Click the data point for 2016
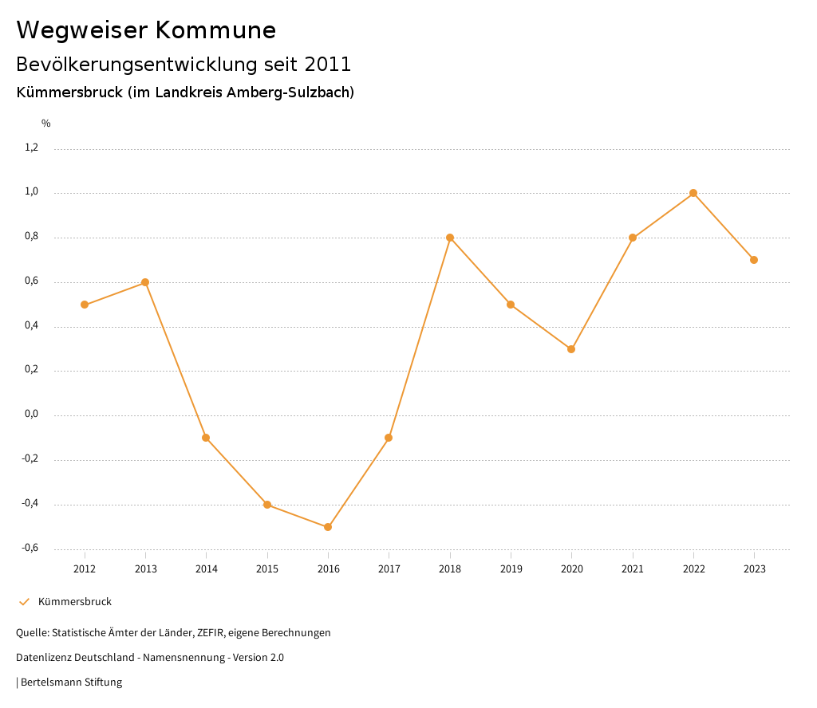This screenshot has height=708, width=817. coord(328,527)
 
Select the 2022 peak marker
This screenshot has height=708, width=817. coord(693,193)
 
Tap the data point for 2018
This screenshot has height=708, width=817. coord(450,238)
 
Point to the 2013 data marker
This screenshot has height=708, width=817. coord(145,282)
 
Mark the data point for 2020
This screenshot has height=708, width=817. coord(571,349)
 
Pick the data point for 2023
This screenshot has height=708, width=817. coord(754,260)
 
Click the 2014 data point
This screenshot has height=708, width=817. coord(206,438)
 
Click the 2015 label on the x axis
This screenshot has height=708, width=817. coord(267,569)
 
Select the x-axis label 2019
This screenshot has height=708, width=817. coord(511,569)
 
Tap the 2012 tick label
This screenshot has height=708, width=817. coord(85,569)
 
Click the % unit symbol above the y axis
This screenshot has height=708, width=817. coord(46,124)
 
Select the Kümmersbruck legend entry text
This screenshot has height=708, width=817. coord(75,602)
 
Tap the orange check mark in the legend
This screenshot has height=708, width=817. coord(24,602)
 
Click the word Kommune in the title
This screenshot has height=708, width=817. coord(215,30)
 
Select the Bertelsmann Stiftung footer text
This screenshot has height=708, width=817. coord(71,682)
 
